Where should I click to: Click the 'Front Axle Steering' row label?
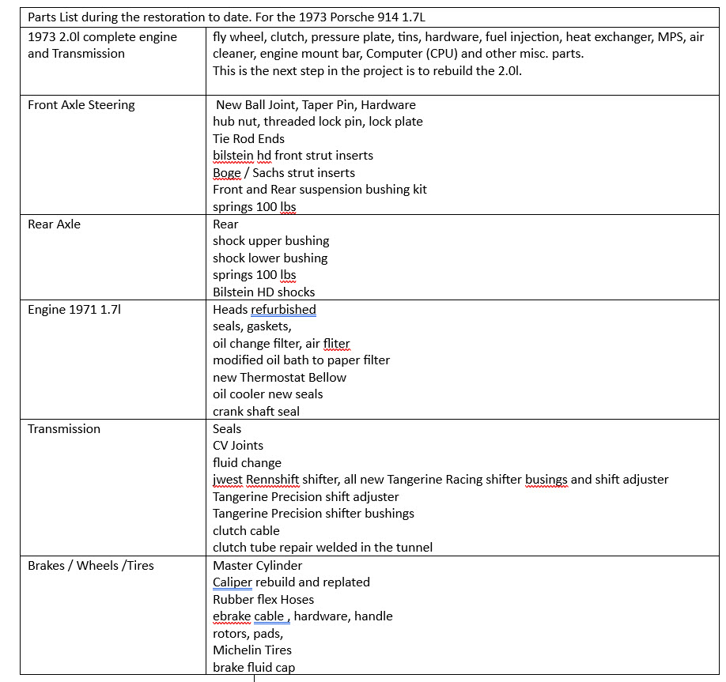pyautogui.click(x=81, y=104)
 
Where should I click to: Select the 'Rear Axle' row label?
pyautogui.click(x=54, y=224)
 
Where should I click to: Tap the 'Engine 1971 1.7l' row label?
pyautogui.click(x=75, y=309)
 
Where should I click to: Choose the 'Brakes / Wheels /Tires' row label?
pyautogui.click(x=91, y=565)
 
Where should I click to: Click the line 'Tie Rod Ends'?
pyautogui.click(x=248, y=138)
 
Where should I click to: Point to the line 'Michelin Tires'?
pyautogui.click(x=252, y=650)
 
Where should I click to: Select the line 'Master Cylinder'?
pyautogui.click(x=257, y=565)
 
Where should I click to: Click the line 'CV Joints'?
pyautogui.click(x=238, y=446)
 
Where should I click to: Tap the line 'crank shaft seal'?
pyautogui.click(x=256, y=411)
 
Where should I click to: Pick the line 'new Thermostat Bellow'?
pyautogui.click(x=279, y=377)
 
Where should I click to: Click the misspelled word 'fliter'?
pyautogui.click(x=336, y=343)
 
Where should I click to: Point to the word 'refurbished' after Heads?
pyautogui.click(x=283, y=309)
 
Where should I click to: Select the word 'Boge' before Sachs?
pyautogui.click(x=227, y=172)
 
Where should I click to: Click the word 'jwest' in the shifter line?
pyautogui.click(x=228, y=479)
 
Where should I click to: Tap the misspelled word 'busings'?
pyautogui.click(x=546, y=479)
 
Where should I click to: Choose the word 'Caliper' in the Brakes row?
pyautogui.click(x=233, y=582)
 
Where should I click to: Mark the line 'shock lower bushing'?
pyautogui.click(x=270, y=258)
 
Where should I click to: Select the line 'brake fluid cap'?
pyautogui.click(x=254, y=667)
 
